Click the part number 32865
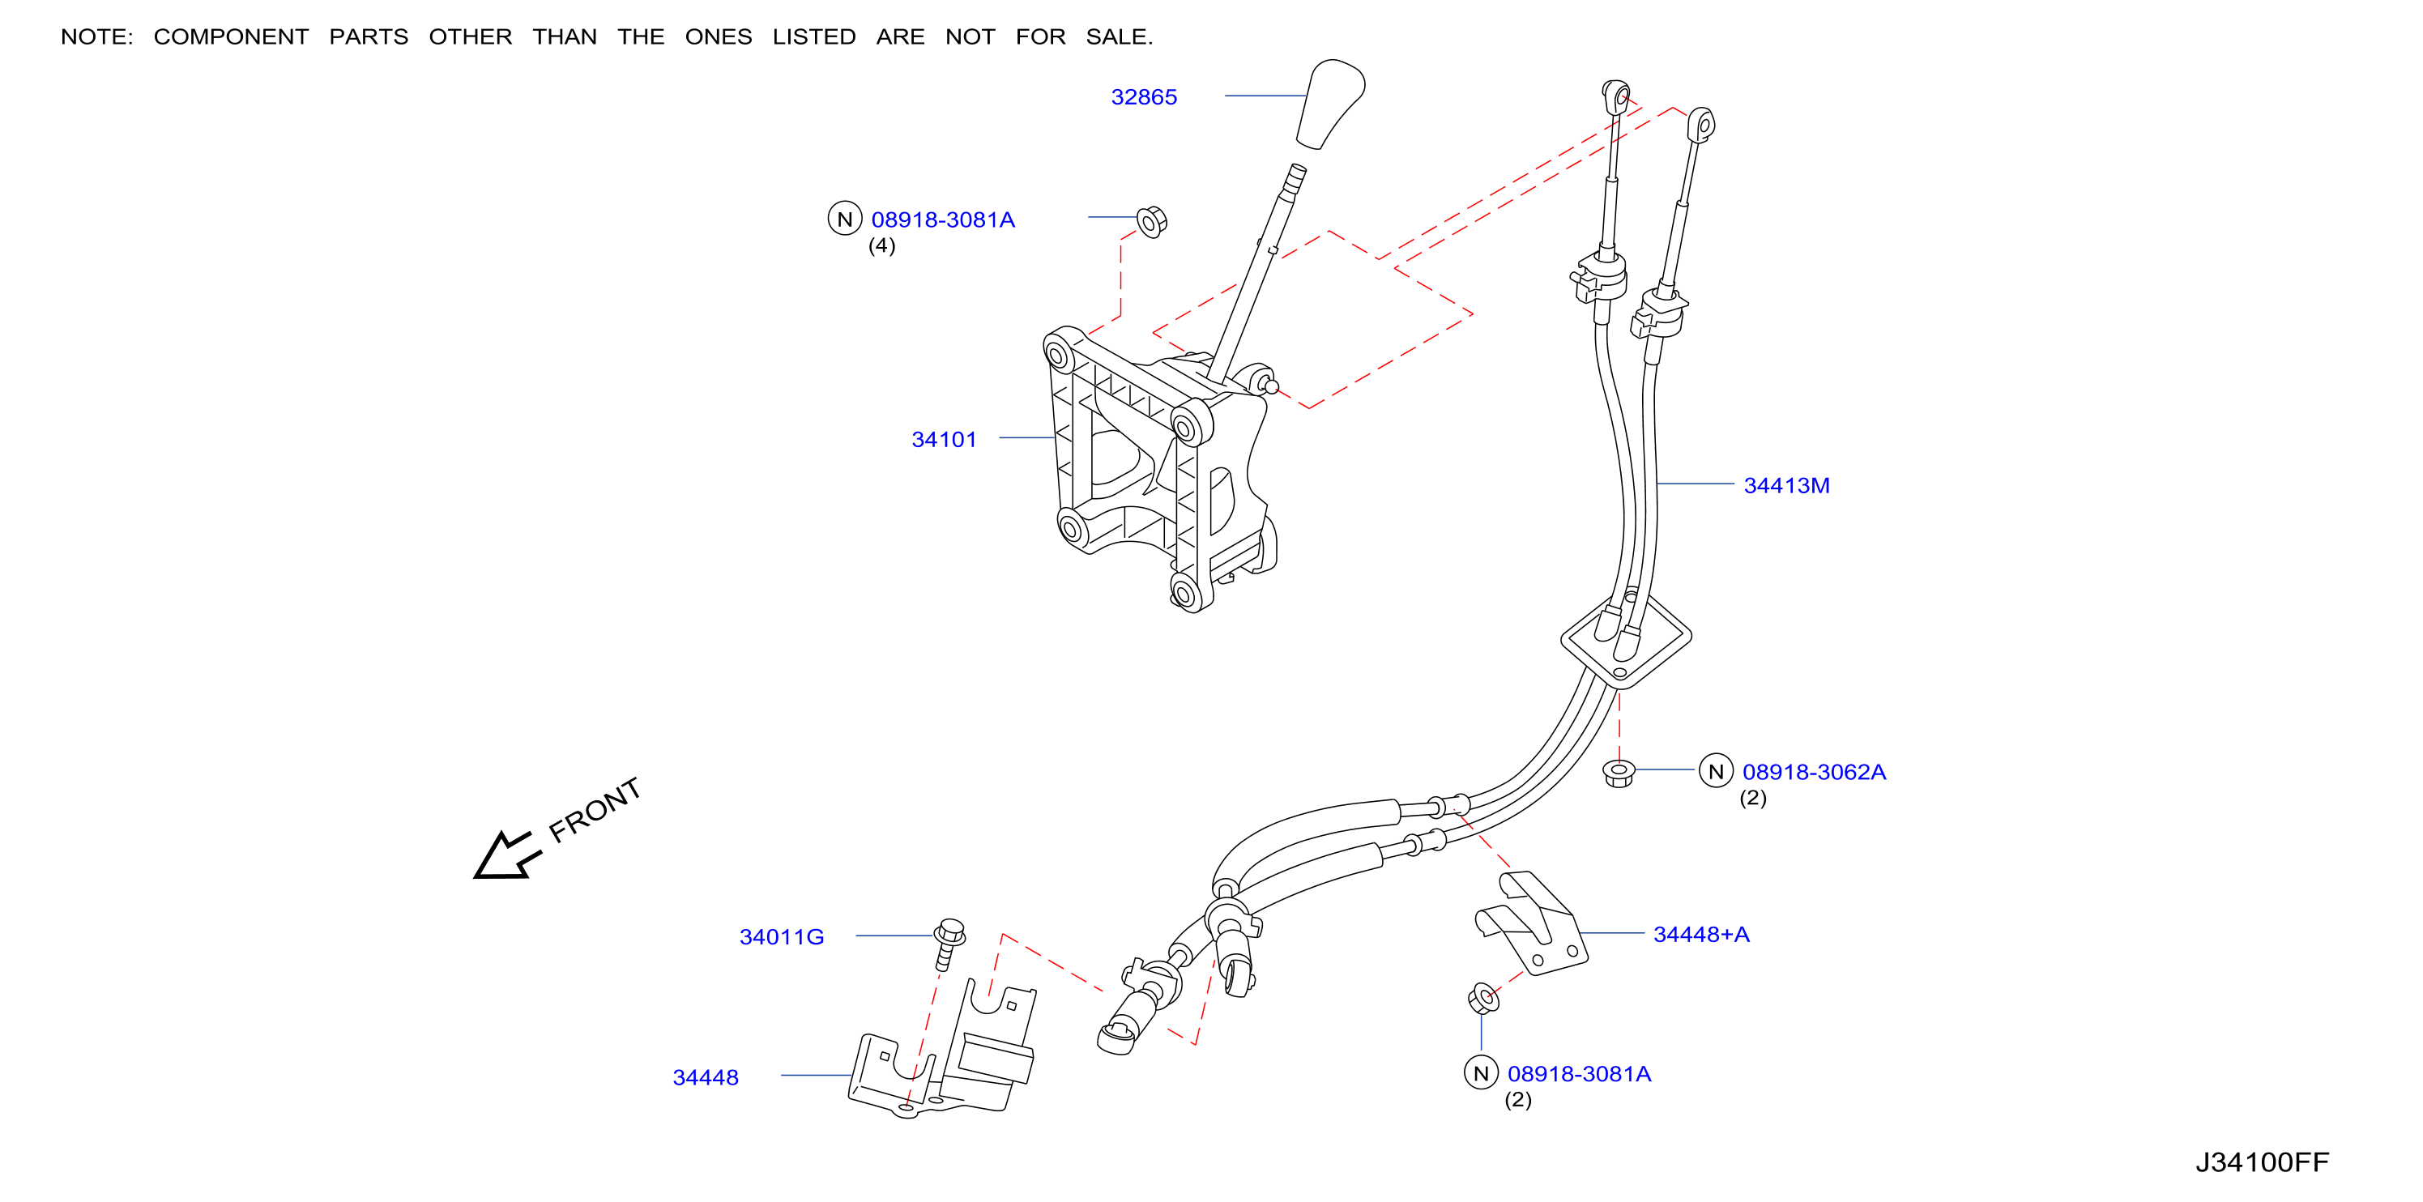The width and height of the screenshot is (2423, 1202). coord(1144,97)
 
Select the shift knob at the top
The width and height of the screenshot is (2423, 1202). coord(1331,104)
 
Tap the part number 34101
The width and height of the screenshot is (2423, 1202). coord(945,439)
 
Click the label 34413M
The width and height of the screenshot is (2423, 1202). coord(1786,485)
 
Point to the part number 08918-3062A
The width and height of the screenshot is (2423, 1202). coord(1814,771)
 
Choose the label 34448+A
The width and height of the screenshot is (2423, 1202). coord(1700,934)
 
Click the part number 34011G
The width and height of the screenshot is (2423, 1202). coord(782,937)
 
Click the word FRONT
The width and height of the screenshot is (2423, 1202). coord(595,810)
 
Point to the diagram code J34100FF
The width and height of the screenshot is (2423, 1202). coord(2262,1162)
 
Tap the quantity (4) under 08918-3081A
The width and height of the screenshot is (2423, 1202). coord(881,245)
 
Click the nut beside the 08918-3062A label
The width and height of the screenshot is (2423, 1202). coord(1618,773)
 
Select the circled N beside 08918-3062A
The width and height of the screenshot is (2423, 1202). coord(1716,771)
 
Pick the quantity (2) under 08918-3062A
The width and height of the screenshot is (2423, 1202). coord(1752,798)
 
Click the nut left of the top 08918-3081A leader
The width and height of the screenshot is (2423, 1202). coord(1151,222)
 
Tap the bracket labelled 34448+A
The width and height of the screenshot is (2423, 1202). coord(1531,923)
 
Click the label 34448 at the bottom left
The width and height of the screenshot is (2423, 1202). coord(706,1078)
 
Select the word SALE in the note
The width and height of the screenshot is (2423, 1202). coord(1119,36)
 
